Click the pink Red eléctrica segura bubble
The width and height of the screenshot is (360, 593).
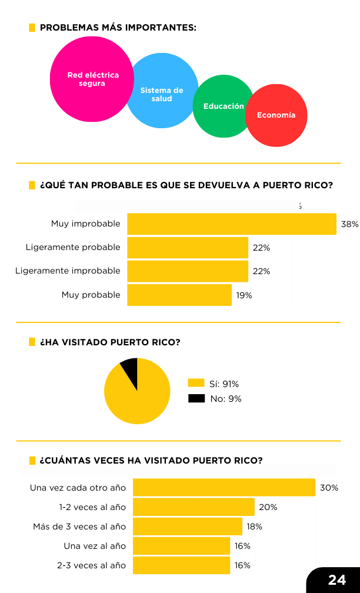click(92, 79)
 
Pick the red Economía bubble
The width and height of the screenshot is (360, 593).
click(276, 115)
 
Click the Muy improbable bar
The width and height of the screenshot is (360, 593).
click(232, 224)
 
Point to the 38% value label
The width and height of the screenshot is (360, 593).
click(350, 224)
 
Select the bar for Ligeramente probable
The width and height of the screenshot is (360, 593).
click(188, 248)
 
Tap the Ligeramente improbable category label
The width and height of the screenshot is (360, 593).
click(68, 271)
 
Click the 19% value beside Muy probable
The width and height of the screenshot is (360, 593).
click(244, 295)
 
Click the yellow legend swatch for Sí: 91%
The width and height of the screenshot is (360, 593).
click(196, 383)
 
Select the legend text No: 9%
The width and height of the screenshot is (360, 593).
click(226, 399)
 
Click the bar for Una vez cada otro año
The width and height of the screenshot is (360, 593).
click(224, 488)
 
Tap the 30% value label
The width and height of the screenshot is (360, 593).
click(329, 488)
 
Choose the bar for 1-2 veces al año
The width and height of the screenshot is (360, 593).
click(194, 507)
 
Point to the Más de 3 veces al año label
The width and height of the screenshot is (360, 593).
click(79, 527)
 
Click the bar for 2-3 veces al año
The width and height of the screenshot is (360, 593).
click(182, 565)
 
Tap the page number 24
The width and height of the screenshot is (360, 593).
click(337, 580)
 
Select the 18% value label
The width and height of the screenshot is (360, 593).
click(255, 527)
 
